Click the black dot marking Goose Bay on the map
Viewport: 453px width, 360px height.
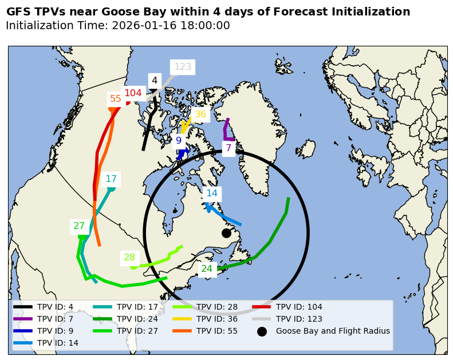tap(226, 233)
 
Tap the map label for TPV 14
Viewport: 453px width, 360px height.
tap(212, 193)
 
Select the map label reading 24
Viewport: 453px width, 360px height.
tap(207, 269)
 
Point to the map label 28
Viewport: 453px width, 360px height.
tap(129, 258)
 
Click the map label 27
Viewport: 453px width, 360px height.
tap(79, 226)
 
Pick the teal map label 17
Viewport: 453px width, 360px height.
tap(111, 179)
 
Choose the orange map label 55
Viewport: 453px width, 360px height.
tap(116, 99)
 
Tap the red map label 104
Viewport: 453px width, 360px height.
tap(133, 93)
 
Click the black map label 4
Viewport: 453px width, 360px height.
tap(155, 81)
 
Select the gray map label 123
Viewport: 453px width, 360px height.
tap(183, 67)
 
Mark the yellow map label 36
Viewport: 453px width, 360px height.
tap(200, 114)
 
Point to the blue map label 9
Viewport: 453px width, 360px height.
tap(179, 141)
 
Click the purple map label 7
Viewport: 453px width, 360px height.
tap(229, 148)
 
